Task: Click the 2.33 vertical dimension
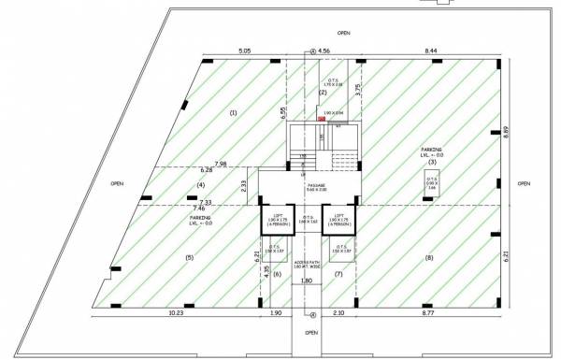click(244, 185)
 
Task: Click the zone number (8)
click(429, 257)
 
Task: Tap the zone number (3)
click(432, 163)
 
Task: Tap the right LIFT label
click(340, 214)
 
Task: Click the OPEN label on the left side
click(117, 183)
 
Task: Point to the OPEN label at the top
click(344, 32)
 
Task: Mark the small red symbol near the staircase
click(321, 120)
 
